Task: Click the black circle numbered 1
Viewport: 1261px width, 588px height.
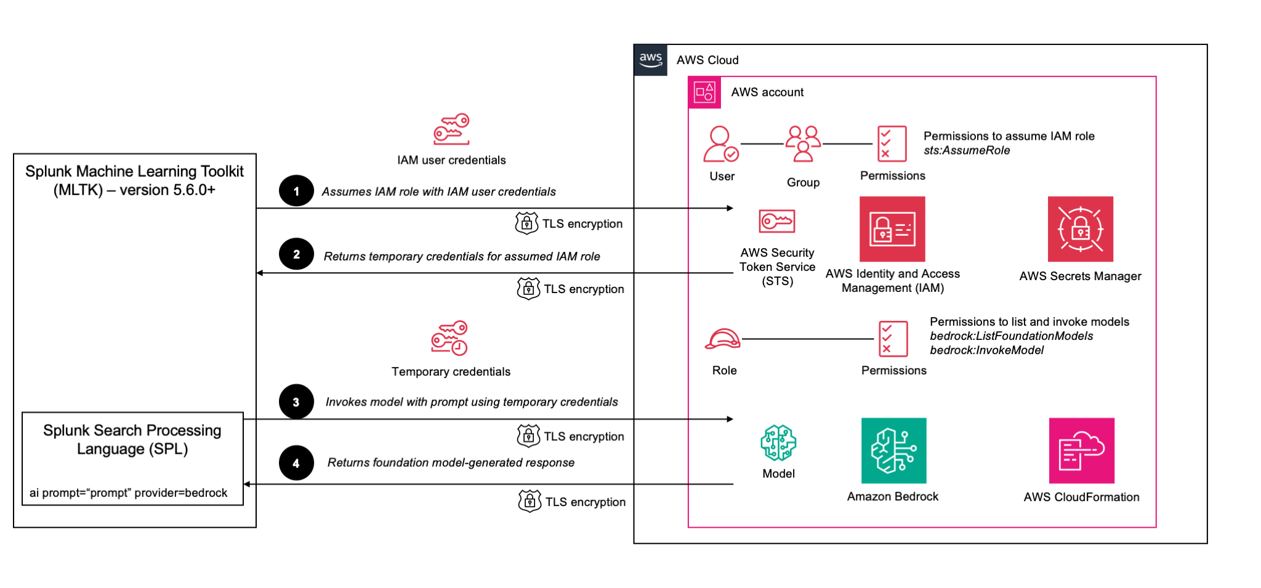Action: click(296, 191)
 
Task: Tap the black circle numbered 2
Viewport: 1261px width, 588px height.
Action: click(296, 254)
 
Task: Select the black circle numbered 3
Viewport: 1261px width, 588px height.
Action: click(296, 401)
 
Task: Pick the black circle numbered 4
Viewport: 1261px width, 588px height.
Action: click(296, 463)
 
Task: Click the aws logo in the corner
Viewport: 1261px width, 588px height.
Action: click(650, 60)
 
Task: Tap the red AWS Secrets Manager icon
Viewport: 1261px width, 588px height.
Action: click(1080, 229)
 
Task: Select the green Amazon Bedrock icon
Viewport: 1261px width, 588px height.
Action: click(893, 450)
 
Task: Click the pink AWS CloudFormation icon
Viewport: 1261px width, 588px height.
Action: click(1081, 450)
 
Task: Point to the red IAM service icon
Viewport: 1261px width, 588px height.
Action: click(892, 229)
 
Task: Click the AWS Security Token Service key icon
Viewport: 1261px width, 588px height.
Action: click(777, 221)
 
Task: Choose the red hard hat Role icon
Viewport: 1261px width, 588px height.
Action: click(723, 339)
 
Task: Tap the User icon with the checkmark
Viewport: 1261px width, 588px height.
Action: click(721, 144)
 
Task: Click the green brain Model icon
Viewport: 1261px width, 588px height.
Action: click(778, 443)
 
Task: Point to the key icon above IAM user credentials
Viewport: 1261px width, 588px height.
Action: click(451, 129)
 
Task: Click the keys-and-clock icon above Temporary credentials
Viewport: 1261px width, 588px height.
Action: click(449, 338)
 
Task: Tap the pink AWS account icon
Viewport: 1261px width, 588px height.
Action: click(704, 92)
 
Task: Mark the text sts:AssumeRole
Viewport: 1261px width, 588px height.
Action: click(967, 151)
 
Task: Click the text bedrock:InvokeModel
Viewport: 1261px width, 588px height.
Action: click(986, 350)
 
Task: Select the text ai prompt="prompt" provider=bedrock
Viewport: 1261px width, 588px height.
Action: click(129, 493)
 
